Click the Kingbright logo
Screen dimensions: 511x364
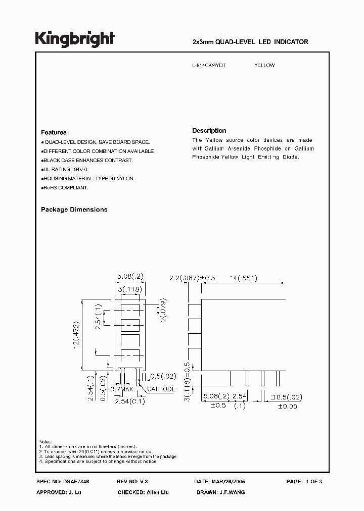(75, 38)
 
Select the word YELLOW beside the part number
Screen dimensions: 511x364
(264, 66)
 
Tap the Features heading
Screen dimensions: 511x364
(54, 132)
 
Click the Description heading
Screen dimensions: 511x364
(209, 130)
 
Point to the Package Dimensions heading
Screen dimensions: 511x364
(74, 210)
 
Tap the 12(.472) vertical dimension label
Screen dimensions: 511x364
(76, 335)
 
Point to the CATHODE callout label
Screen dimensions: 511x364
(161, 389)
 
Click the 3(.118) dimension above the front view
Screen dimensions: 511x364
(129, 289)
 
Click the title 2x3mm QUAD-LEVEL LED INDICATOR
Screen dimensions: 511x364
(251, 42)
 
